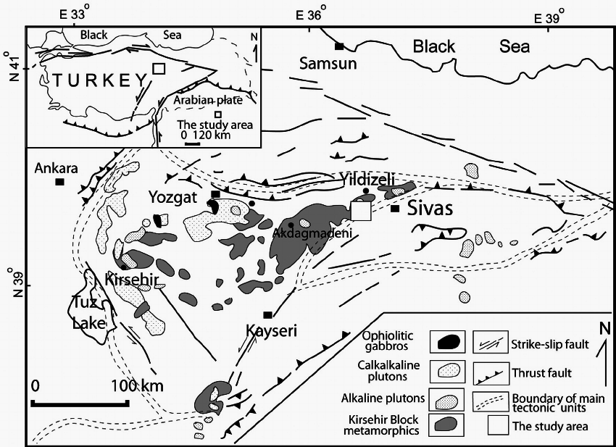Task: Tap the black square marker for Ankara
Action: pos(60,182)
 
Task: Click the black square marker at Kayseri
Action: pos(267,314)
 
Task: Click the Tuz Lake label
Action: pos(86,312)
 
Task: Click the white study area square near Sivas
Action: pos(360,211)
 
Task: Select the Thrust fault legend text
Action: pos(541,373)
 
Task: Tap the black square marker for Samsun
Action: pos(338,46)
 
